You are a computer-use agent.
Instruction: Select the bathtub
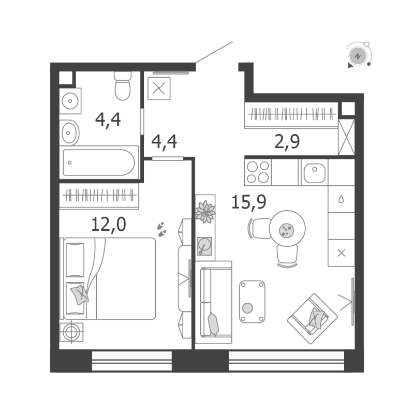click(x=99, y=162)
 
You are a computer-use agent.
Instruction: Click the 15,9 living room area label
click(x=248, y=201)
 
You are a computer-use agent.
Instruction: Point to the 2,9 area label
click(x=287, y=141)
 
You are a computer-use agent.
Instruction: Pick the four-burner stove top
click(x=258, y=172)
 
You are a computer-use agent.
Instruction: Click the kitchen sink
click(x=314, y=172)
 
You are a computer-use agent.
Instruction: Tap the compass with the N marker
click(x=358, y=54)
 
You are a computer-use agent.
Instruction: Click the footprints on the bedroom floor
click(x=162, y=229)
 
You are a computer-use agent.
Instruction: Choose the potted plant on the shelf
click(x=205, y=212)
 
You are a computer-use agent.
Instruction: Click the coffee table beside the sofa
click(x=252, y=301)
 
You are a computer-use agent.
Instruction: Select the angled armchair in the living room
click(x=313, y=318)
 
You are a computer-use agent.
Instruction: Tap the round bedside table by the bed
click(x=71, y=332)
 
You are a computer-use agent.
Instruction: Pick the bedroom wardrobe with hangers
click(x=99, y=196)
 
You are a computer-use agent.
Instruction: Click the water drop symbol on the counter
click(x=341, y=199)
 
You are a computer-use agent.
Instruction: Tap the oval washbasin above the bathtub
click(x=69, y=133)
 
